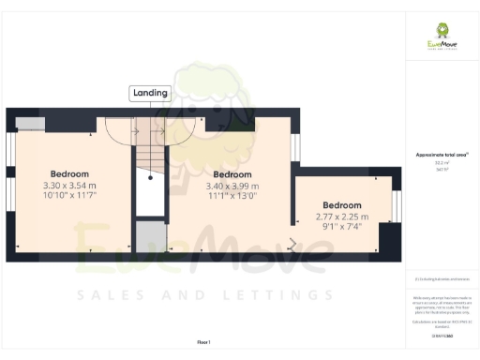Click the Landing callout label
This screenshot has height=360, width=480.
pos(150,93)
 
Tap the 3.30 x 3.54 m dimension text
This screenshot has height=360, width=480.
pos(69,186)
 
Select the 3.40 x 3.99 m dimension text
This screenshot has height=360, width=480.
pos(232,186)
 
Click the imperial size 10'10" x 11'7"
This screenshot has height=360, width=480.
pos(69,197)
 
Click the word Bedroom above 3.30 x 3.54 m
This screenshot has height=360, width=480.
pos(69,174)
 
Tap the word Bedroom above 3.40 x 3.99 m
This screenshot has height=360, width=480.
pos(232,174)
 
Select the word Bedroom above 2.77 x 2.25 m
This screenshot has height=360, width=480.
pos(341,205)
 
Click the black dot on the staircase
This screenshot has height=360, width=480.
pos(150,174)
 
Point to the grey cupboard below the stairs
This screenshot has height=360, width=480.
pos(149,236)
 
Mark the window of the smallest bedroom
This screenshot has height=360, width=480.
pos(396,206)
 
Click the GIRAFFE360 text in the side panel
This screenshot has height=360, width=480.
pos(442,335)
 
